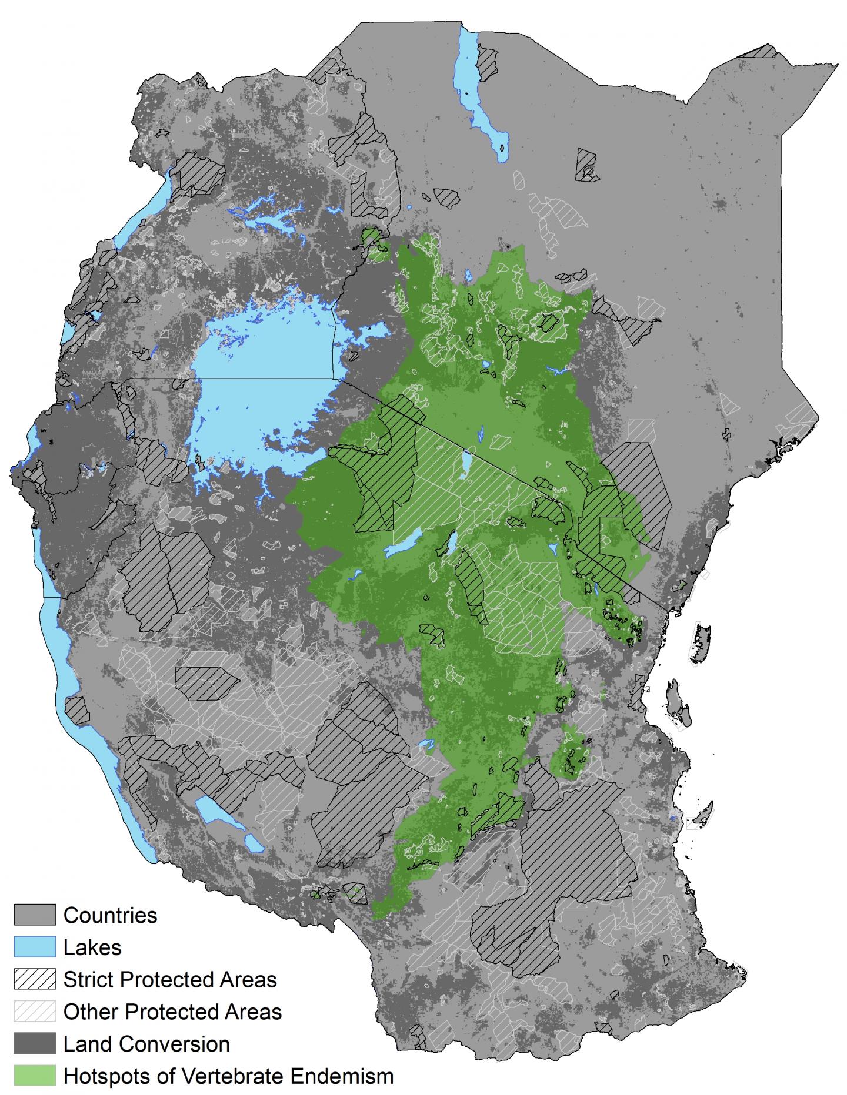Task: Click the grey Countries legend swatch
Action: [35, 915]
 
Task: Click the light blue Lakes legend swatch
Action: [35, 947]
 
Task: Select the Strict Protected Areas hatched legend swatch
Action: [35, 980]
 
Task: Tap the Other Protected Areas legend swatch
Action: [35, 1012]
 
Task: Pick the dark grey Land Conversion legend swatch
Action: [35, 1044]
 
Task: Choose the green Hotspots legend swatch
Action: [35, 1076]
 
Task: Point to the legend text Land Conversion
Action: [146, 1044]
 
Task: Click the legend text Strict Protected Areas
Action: [170, 980]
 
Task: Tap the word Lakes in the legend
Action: [92, 947]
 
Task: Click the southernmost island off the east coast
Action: [703, 815]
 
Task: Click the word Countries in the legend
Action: [110, 915]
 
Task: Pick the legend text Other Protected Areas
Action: [172, 1012]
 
